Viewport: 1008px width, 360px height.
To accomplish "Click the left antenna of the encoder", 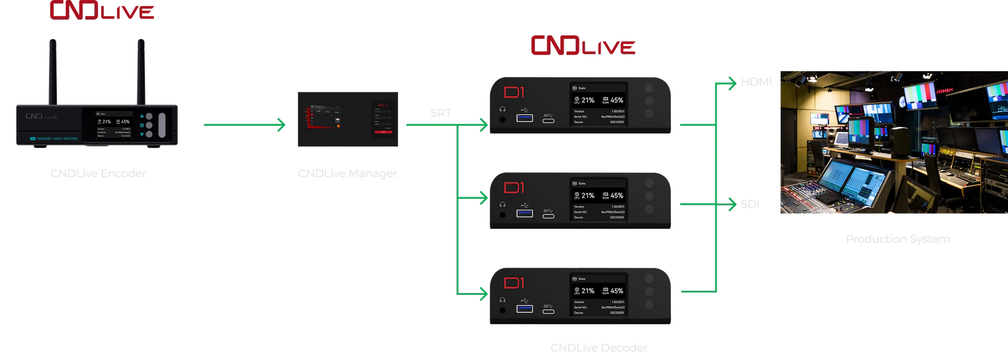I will pyautogui.click(x=53, y=71).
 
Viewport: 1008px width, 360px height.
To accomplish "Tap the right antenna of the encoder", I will pyautogui.click(x=141, y=71).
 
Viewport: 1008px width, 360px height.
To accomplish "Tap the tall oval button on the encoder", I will pyautogui.click(x=162, y=125).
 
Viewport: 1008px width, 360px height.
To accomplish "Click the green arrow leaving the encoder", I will pyautogui.click(x=245, y=126).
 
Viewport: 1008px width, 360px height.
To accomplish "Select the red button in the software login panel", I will pyautogui.click(x=383, y=132).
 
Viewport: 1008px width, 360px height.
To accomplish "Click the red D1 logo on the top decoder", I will pyautogui.click(x=514, y=92).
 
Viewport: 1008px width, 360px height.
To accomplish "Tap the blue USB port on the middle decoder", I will pyautogui.click(x=524, y=213).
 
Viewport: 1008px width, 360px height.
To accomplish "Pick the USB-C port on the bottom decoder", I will pyautogui.click(x=548, y=312).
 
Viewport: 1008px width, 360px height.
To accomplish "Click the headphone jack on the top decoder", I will pyautogui.click(x=502, y=119).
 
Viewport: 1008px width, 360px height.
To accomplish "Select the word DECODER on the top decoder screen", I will pyautogui.click(x=617, y=122).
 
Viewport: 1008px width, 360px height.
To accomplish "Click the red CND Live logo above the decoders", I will pyautogui.click(x=583, y=46).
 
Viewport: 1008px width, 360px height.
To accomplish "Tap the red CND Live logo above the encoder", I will pyautogui.click(x=101, y=11).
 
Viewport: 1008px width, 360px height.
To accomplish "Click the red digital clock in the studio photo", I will pyautogui.click(x=944, y=91).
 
